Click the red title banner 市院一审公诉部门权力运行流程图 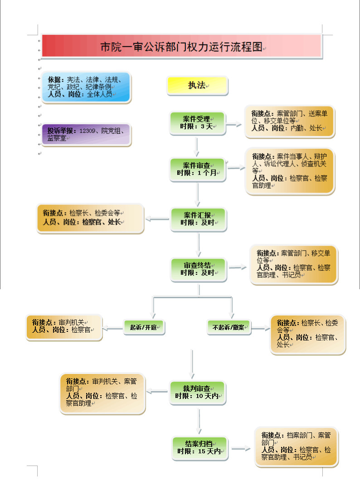coord(181,46)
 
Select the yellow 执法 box coord(197,85)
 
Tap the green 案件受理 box coord(198,123)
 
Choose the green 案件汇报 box coord(199,219)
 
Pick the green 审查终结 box coord(199,269)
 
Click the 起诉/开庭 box coord(144,327)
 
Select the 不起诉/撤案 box coord(229,327)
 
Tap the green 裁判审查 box coord(198,393)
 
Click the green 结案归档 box coord(200,448)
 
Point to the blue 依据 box coord(86,87)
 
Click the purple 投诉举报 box coord(86,135)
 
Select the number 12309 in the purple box coord(87,131)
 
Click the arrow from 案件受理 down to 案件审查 coord(197,147)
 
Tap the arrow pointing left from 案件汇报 coord(157,219)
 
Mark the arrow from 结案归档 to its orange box coord(241,449)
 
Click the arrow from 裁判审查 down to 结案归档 coord(199,421)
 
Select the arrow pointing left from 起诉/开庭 coord(113,328)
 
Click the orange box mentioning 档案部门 coord(296,446)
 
